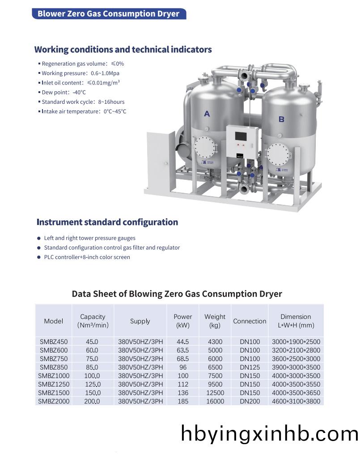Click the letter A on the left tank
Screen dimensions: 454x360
[207, 114]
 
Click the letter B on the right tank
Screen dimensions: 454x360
[281, 119]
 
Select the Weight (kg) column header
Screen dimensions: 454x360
[215, 321]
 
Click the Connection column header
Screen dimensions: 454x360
[250, 321]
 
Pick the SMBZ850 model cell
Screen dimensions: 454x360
[54, 367]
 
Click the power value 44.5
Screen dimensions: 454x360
[182, 342]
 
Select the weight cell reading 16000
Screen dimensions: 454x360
[215, 401]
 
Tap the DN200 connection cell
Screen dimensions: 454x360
[250, 401]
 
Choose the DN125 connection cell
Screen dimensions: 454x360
[250, 367]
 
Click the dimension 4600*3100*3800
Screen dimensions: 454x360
[296, 401]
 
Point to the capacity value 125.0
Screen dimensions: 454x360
[93, 384]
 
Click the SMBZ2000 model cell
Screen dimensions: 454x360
[54, 401]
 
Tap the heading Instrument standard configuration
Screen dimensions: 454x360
[107, 222]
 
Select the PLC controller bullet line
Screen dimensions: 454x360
[87, 257]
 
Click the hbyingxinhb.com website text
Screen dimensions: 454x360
[269, 433]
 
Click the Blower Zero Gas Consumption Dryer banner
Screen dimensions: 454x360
[108, 13]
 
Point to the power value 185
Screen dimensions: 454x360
[182, 401]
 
